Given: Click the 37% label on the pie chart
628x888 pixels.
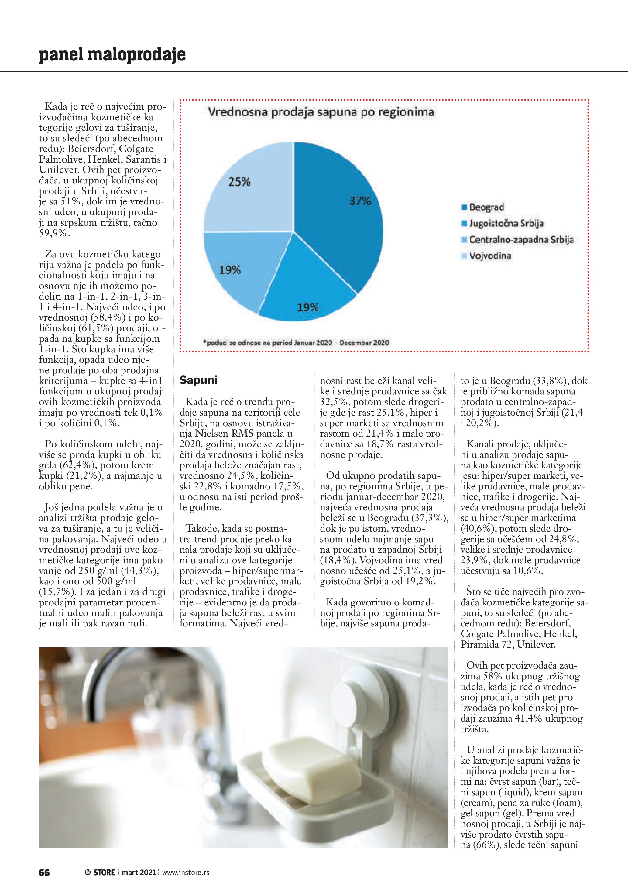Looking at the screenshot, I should click(x=360, y=201).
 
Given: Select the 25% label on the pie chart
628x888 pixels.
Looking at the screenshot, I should click(x=239, y=181).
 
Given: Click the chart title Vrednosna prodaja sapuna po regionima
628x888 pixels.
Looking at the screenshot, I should click(x=321, y=112).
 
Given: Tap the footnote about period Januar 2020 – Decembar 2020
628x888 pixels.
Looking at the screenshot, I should click(x=296, y=342).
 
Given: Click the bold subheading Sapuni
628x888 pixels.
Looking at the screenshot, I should click(x=198, y=380).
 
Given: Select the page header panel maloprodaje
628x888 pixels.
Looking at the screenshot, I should click(x=112, y=55).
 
